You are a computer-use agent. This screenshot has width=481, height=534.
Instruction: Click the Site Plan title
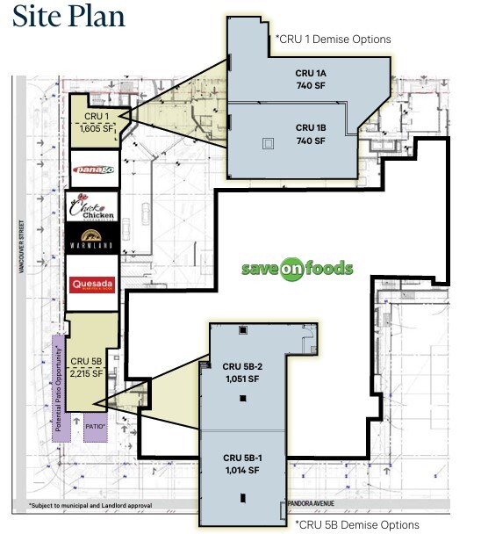[x=68, y=17]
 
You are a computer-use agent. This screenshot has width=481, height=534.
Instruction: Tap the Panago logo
[x=92, y=168]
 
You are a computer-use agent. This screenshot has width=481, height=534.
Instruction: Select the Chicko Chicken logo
[x=93, y=206]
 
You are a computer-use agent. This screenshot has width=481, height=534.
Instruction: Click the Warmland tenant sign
[x=93, y=239]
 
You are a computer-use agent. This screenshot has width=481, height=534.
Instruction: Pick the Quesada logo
[x=92, y=285]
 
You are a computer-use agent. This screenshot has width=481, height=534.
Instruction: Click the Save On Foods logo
[x=298, y=268]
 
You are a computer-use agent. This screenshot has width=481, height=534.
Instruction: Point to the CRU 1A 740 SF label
[x=310, y=78]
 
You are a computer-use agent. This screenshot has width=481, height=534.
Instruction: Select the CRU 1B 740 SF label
[x=310, y=133]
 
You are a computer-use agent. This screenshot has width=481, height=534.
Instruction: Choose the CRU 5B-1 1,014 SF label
[x=241, y=465]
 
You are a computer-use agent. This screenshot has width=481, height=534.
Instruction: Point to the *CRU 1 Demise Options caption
[x=333, y=40]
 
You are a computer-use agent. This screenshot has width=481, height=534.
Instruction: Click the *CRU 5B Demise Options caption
[x=356, y=524]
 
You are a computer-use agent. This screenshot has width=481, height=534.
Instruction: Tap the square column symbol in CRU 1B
[x=266, y=143]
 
